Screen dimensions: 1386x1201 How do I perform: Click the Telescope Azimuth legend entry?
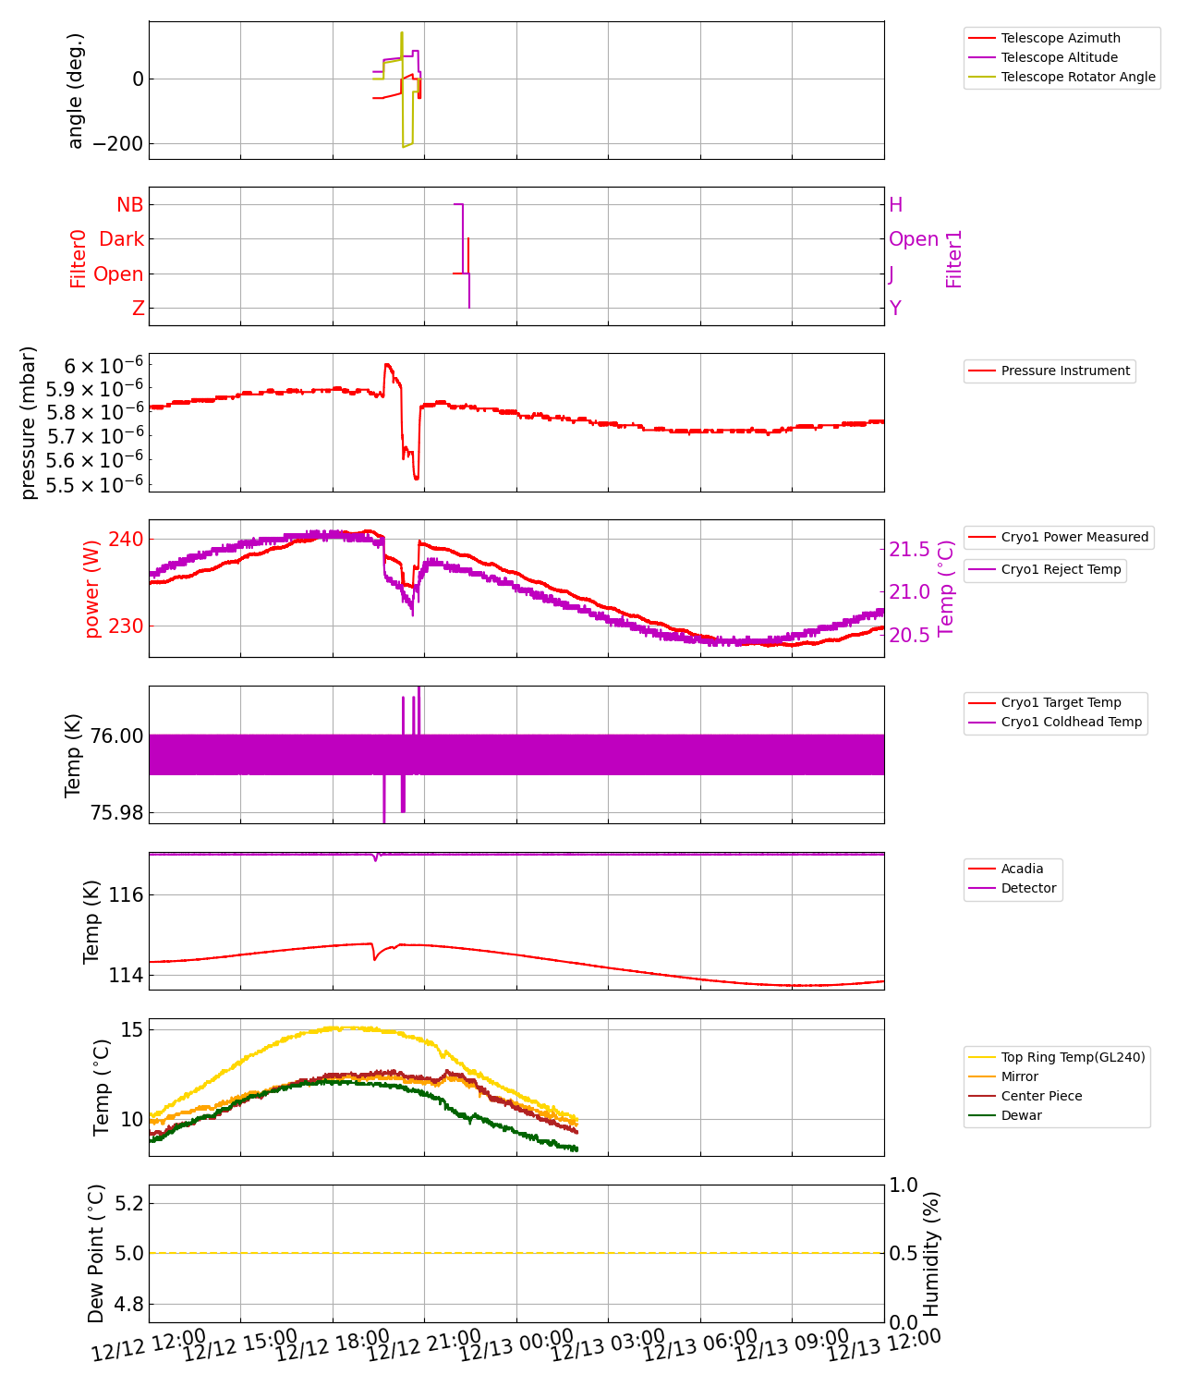(1060, 38)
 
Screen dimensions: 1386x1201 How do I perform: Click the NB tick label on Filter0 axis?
(130, 204)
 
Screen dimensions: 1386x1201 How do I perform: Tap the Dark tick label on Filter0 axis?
(122, 239)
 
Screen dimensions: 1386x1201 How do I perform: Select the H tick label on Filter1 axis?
(895, 204)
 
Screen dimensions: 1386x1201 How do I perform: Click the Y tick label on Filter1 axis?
(895, 309)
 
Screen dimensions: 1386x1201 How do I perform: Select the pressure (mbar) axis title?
(29, 422)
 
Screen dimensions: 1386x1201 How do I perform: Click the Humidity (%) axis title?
(931, 1253)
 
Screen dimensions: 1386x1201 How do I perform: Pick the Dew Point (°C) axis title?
(96, 1253)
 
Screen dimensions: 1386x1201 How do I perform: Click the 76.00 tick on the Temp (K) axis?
(116, 736)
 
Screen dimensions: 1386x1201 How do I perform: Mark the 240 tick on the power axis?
(126, 539)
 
